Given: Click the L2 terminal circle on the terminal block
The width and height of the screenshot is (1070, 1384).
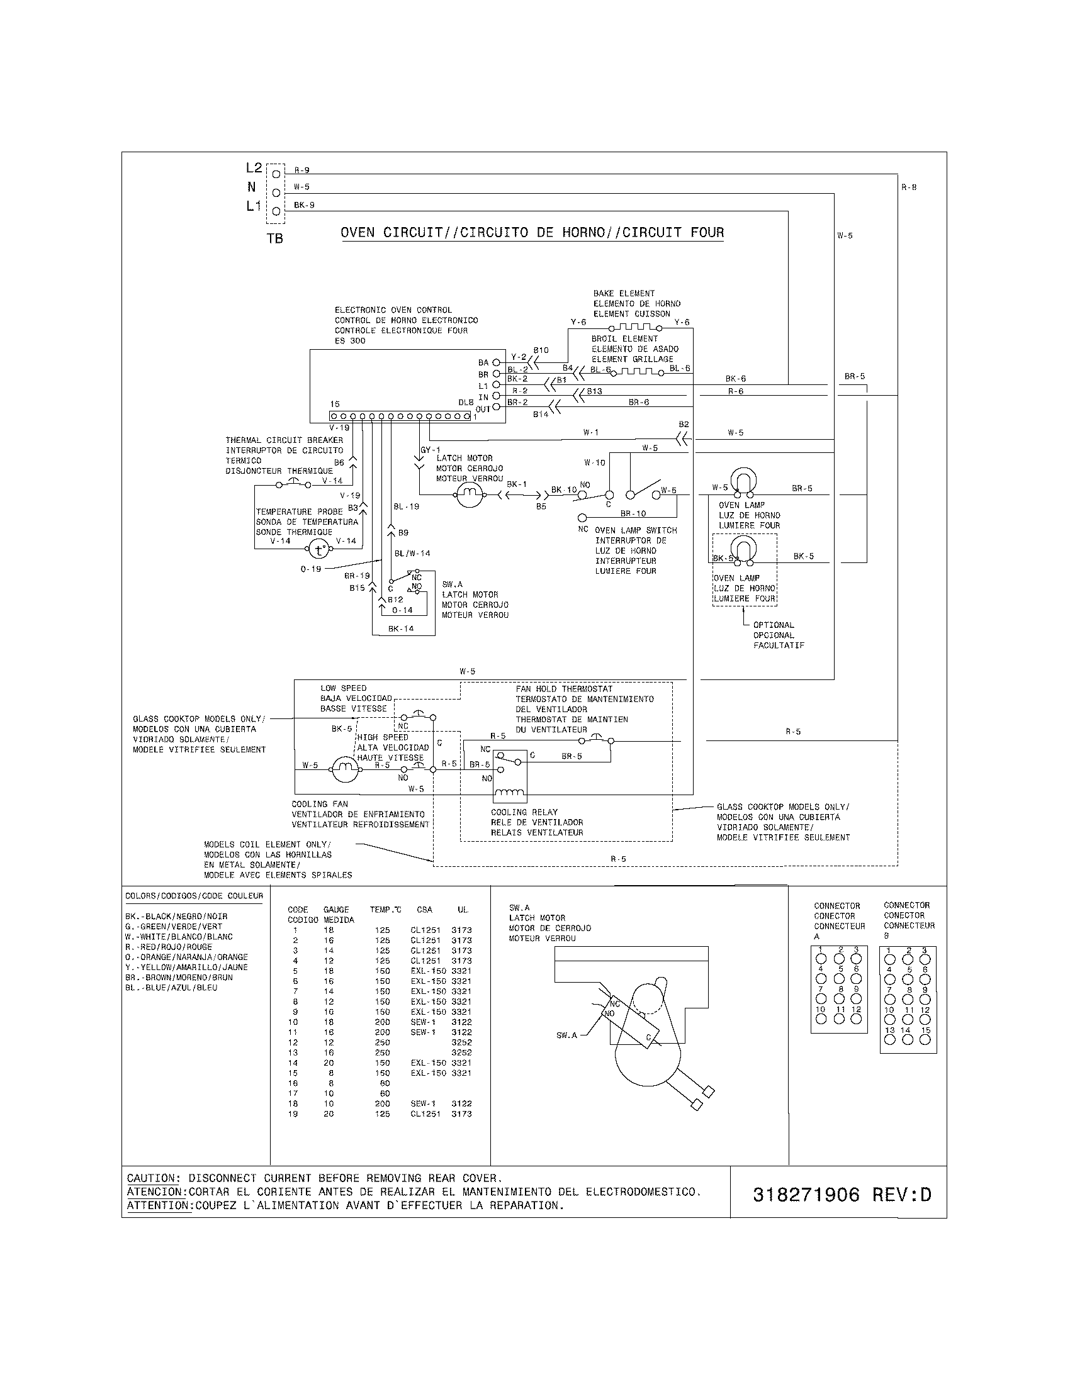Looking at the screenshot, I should point(276,174).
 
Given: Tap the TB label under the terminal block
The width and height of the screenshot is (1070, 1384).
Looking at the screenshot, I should point(275,239).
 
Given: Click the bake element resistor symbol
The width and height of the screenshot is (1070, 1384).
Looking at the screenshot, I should point(635,327).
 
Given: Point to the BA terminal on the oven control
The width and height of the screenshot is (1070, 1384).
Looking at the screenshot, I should point(497,363).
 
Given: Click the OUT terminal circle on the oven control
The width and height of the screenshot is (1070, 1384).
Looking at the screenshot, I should point(497,408).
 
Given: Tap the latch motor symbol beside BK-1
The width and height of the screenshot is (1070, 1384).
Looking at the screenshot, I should point(470,494).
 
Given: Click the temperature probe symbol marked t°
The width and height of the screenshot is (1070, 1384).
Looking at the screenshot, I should point(320,549).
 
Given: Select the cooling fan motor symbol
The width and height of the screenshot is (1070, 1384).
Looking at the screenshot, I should point(344,769).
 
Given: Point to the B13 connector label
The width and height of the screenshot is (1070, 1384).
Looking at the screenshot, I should point(594,392).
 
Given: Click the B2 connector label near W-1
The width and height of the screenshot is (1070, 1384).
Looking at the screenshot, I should point(684,425).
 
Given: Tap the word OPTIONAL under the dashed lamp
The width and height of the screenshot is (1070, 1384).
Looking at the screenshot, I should point(774,625).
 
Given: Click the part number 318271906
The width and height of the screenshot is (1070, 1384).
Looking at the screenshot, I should point(806,1195).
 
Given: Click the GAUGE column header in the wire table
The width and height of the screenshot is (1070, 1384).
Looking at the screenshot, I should point(336,910).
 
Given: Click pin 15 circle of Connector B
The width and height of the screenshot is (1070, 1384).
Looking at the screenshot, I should point(925,1039).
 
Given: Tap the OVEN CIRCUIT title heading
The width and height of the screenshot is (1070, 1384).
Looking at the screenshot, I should point(532,233).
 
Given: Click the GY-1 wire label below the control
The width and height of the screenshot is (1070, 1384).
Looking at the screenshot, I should point(430,450).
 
